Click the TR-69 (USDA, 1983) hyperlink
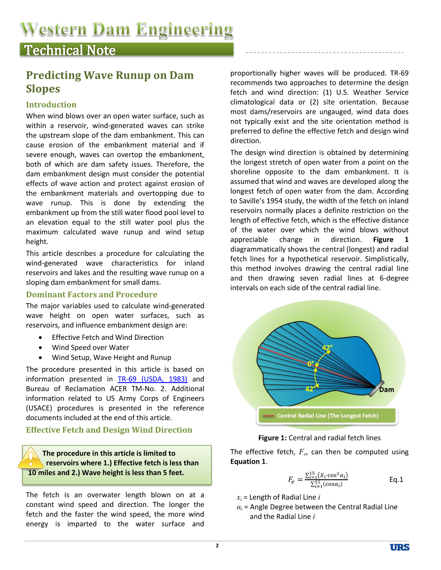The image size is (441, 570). (152, 379)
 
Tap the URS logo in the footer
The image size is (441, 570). (399, 547)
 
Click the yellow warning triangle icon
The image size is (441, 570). (30, 459)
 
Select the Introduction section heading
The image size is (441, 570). (51, 105)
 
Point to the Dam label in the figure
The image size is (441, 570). (387, 389)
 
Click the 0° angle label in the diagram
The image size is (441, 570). (310, 364)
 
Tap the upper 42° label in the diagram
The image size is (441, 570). (327, 348)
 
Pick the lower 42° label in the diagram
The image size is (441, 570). (310, 389)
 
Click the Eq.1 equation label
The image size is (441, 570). (396, 479)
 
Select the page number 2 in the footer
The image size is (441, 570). (217, 546)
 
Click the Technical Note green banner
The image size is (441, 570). (126, 50)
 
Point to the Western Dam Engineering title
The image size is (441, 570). (126, 29)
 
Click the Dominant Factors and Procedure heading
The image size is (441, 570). (92, 294)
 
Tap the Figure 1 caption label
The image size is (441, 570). (272, 438)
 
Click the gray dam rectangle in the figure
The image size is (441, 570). (376, 388)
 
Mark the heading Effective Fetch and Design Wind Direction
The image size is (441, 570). (109, 430)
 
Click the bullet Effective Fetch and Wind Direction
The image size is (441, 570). (108, 338)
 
